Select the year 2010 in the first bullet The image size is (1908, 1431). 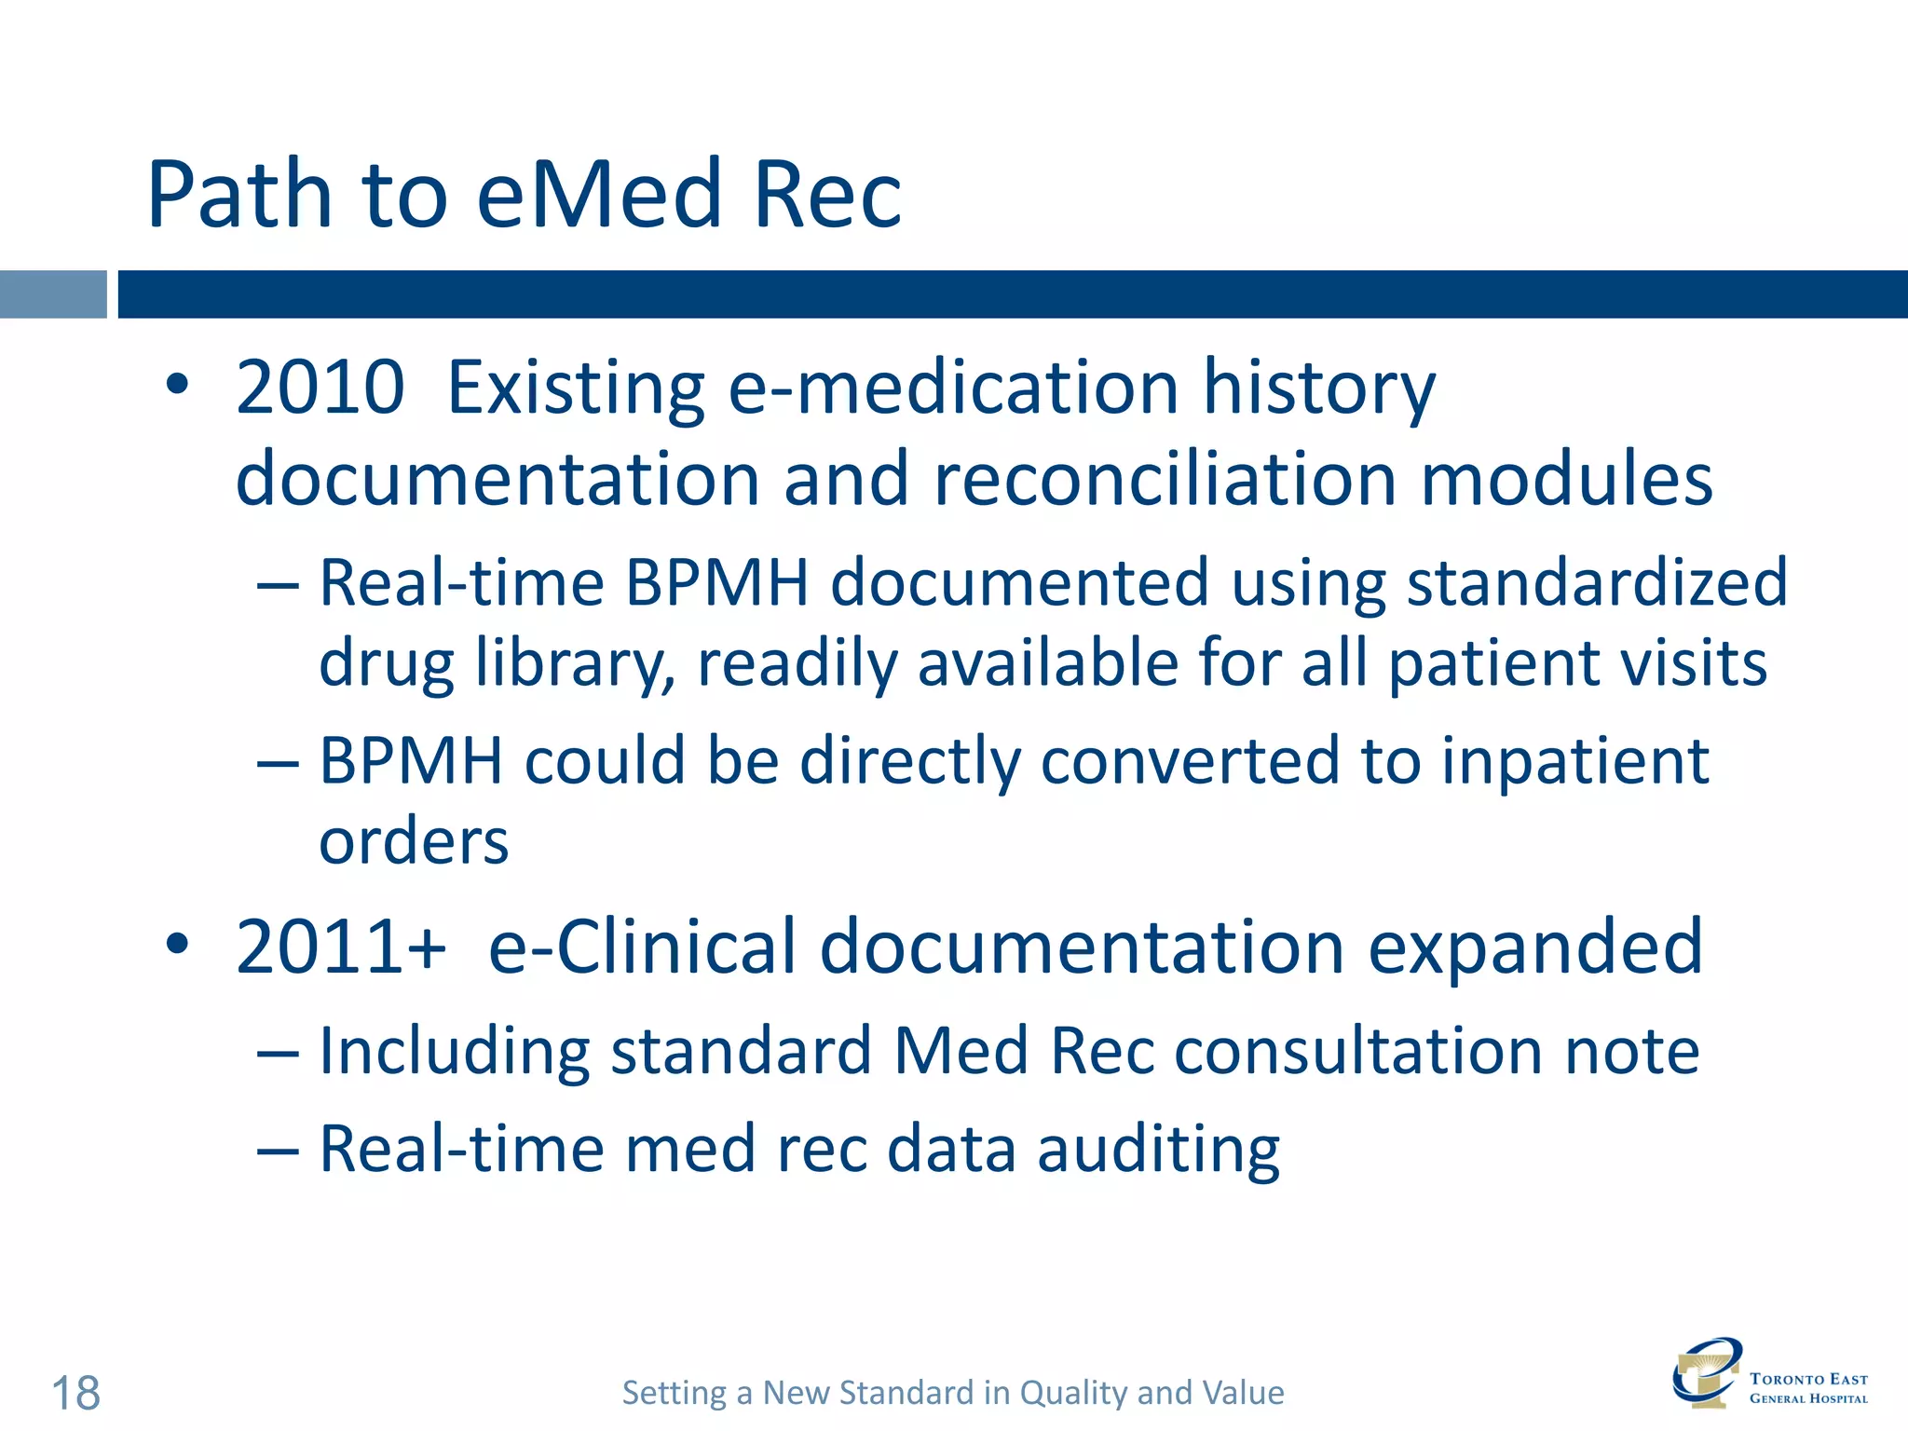coord(320,388)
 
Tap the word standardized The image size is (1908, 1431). coord(1596,583)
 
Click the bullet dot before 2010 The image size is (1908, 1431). coord(177,385)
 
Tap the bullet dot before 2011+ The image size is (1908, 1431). coord(177,945)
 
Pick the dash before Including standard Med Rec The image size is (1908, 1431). coord(278,1055)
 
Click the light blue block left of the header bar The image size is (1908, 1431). coord(53,294)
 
